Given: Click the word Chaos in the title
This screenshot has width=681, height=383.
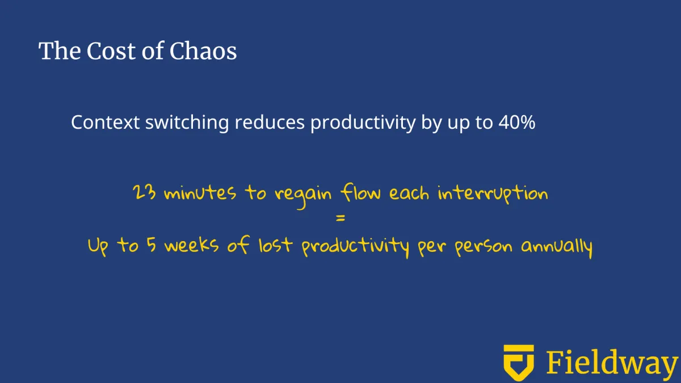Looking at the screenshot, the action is pyautogui.click(x=203, y=50).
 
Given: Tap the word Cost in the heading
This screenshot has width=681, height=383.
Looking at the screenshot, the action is pyautogui.click(x=111, y=50).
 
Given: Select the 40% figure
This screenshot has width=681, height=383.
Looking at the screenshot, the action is pyautogui.click(x=517, y=122).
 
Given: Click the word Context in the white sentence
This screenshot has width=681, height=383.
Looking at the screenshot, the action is pyautogui.click(x=105, y=122).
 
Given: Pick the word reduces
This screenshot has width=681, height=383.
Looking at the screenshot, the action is pyautogui.click(x=270, y=122).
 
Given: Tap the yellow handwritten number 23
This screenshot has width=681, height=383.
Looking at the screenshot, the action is pyautogui.click(x=144, y=192).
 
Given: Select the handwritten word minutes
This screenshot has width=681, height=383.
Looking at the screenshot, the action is pyautogui.click(x=200, y=193).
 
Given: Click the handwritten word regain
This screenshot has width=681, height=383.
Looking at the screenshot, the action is pyautogui.click(x=303, y=196).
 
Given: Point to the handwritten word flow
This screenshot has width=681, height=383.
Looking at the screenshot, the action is pyautogui.click(x=360, y=192).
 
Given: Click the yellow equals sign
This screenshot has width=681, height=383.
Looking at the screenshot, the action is pyautogui.click(x=340, y=218).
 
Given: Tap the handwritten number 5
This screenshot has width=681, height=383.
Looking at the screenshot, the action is pyautogui.click(x=152, y=245).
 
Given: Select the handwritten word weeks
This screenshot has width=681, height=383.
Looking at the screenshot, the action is pyautogui.click(x=192, y=245).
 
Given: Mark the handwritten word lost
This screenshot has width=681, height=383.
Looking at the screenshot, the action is pyautogui.click(x=276, y=245).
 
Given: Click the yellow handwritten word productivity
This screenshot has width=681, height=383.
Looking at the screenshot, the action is pyautogui.click(x=355, y=247).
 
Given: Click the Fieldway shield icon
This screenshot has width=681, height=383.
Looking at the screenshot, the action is pyautogui.click(x=519, y=363).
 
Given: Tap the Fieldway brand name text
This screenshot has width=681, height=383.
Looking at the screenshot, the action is pyautogui.click(x=612, y=363).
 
